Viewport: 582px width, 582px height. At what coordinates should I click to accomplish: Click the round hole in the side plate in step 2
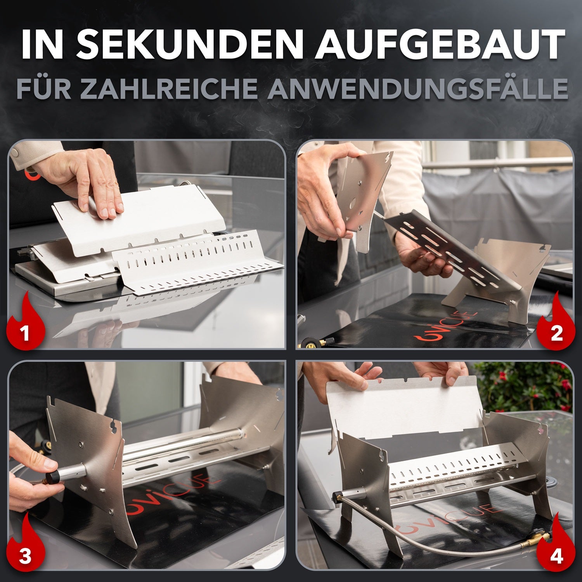[353, 204]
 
